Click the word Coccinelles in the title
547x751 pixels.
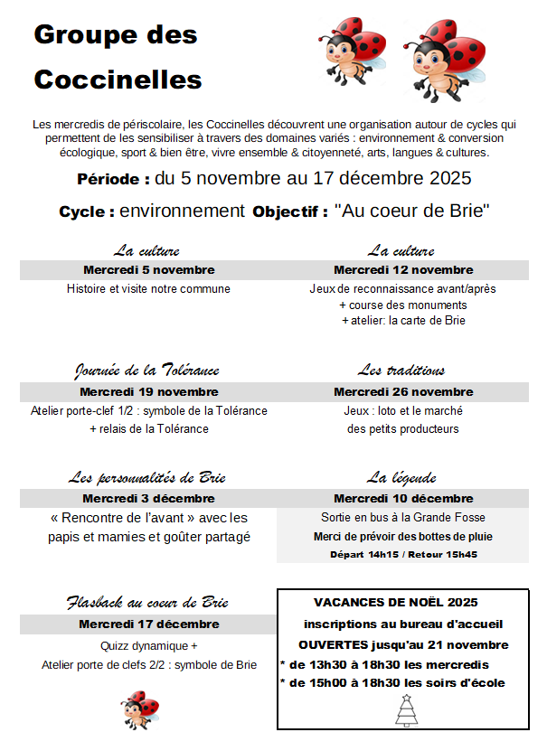(x=118, y=80)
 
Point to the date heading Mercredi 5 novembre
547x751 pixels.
(x=148, y=270)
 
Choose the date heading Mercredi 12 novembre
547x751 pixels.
(x=403, y=270)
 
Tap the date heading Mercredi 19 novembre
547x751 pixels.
(x=148, y=392)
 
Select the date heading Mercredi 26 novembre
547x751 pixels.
(x=403, y=392)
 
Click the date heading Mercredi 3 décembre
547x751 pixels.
(x=148, y=499)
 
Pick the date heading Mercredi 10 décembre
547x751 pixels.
(x=403, y=499)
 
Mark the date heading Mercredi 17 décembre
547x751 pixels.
(x=148, y=624)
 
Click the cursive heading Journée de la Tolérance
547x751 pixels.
(x=146, y=371)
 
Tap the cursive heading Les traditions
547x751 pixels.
(x=401, y=371)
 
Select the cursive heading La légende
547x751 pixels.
(x=401, y=477)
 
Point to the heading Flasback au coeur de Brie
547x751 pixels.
(x=147, y=602)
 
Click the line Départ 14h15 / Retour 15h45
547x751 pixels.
(x=403, y=554)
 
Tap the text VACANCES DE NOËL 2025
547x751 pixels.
(x=395, y=602)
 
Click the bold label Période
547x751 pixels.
(x=113, y=179)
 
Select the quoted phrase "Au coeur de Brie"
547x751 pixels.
(x=412, y=211)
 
